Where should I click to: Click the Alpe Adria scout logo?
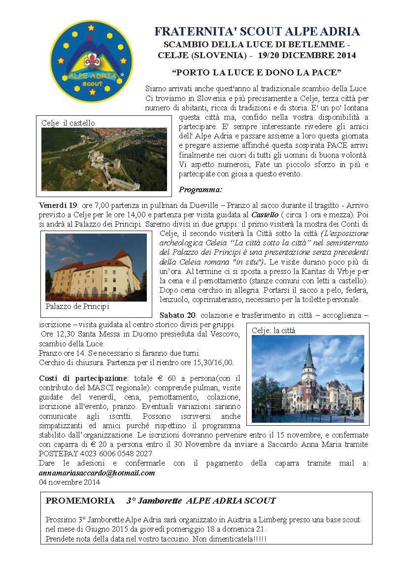[x=92, y=61]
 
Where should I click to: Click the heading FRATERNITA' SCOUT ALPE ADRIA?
[x=257, y=32]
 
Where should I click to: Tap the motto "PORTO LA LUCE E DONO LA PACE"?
[x=257, y=72]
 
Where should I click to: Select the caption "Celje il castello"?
[x=68, y=123]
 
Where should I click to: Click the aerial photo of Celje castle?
[x=104, y=159]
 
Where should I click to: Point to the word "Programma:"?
[x=201, y=189]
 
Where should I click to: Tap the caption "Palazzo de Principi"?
[x=77, y=306]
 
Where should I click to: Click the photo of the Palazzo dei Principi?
[x=96, y=267]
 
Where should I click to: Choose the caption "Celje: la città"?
[x=273, y=331]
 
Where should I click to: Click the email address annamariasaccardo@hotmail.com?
[x=97, y=473]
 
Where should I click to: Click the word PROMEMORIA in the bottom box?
[x=80, y=501]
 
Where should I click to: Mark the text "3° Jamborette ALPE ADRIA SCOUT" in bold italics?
[x=201, y=501]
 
